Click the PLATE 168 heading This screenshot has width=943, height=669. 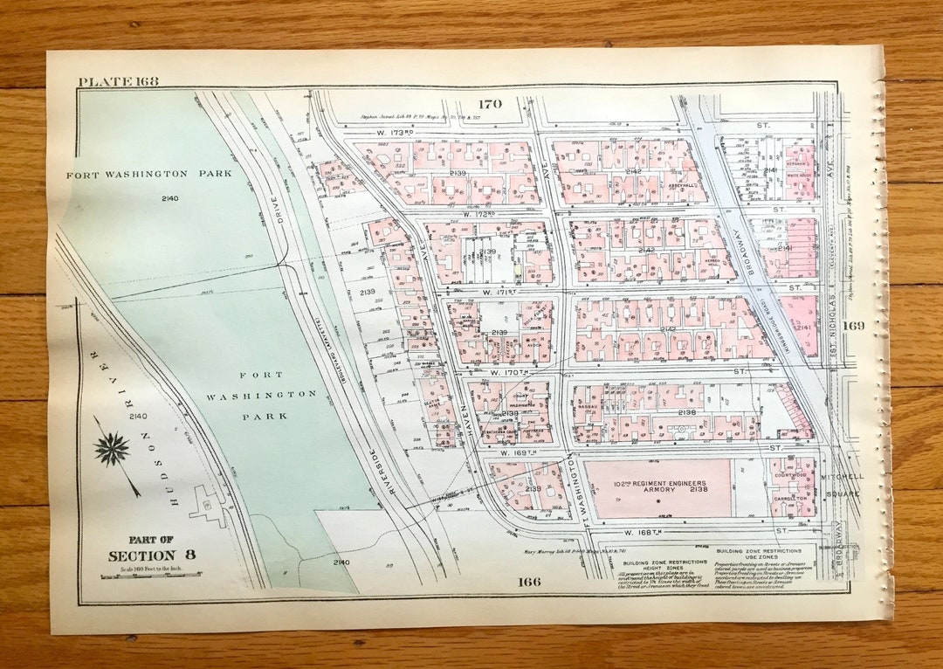[x=118, y=82]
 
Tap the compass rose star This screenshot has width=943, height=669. [x=112, y=449]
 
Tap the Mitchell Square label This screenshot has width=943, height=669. [x=842, y=485]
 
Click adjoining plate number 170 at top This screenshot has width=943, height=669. [x=489, y=104]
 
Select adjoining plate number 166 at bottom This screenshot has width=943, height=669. [x=528, y=582]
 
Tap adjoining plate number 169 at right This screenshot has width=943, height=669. [x=853, y=326]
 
